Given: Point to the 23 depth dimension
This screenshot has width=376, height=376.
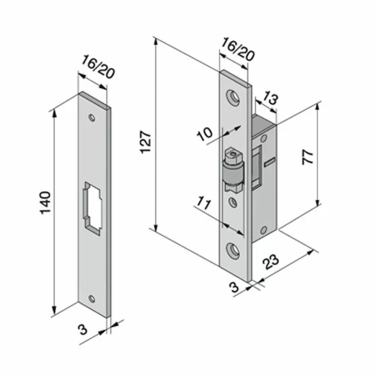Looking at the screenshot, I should click(x=272, y=262).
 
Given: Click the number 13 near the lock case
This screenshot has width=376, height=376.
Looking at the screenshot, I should click(x=271, y=98).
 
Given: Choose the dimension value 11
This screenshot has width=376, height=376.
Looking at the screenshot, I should click(x=203, y=205).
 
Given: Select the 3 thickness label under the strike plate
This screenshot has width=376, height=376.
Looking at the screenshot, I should click(x=82, y=329).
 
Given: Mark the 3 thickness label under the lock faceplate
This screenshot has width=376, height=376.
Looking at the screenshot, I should click(x=234, y=287).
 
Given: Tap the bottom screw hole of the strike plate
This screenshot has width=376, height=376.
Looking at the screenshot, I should click(x=92, y=298).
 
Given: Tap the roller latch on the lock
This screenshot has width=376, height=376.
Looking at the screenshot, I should click(x=233, y=172).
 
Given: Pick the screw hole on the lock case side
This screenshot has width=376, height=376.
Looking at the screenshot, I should click(x=263, y=229).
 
